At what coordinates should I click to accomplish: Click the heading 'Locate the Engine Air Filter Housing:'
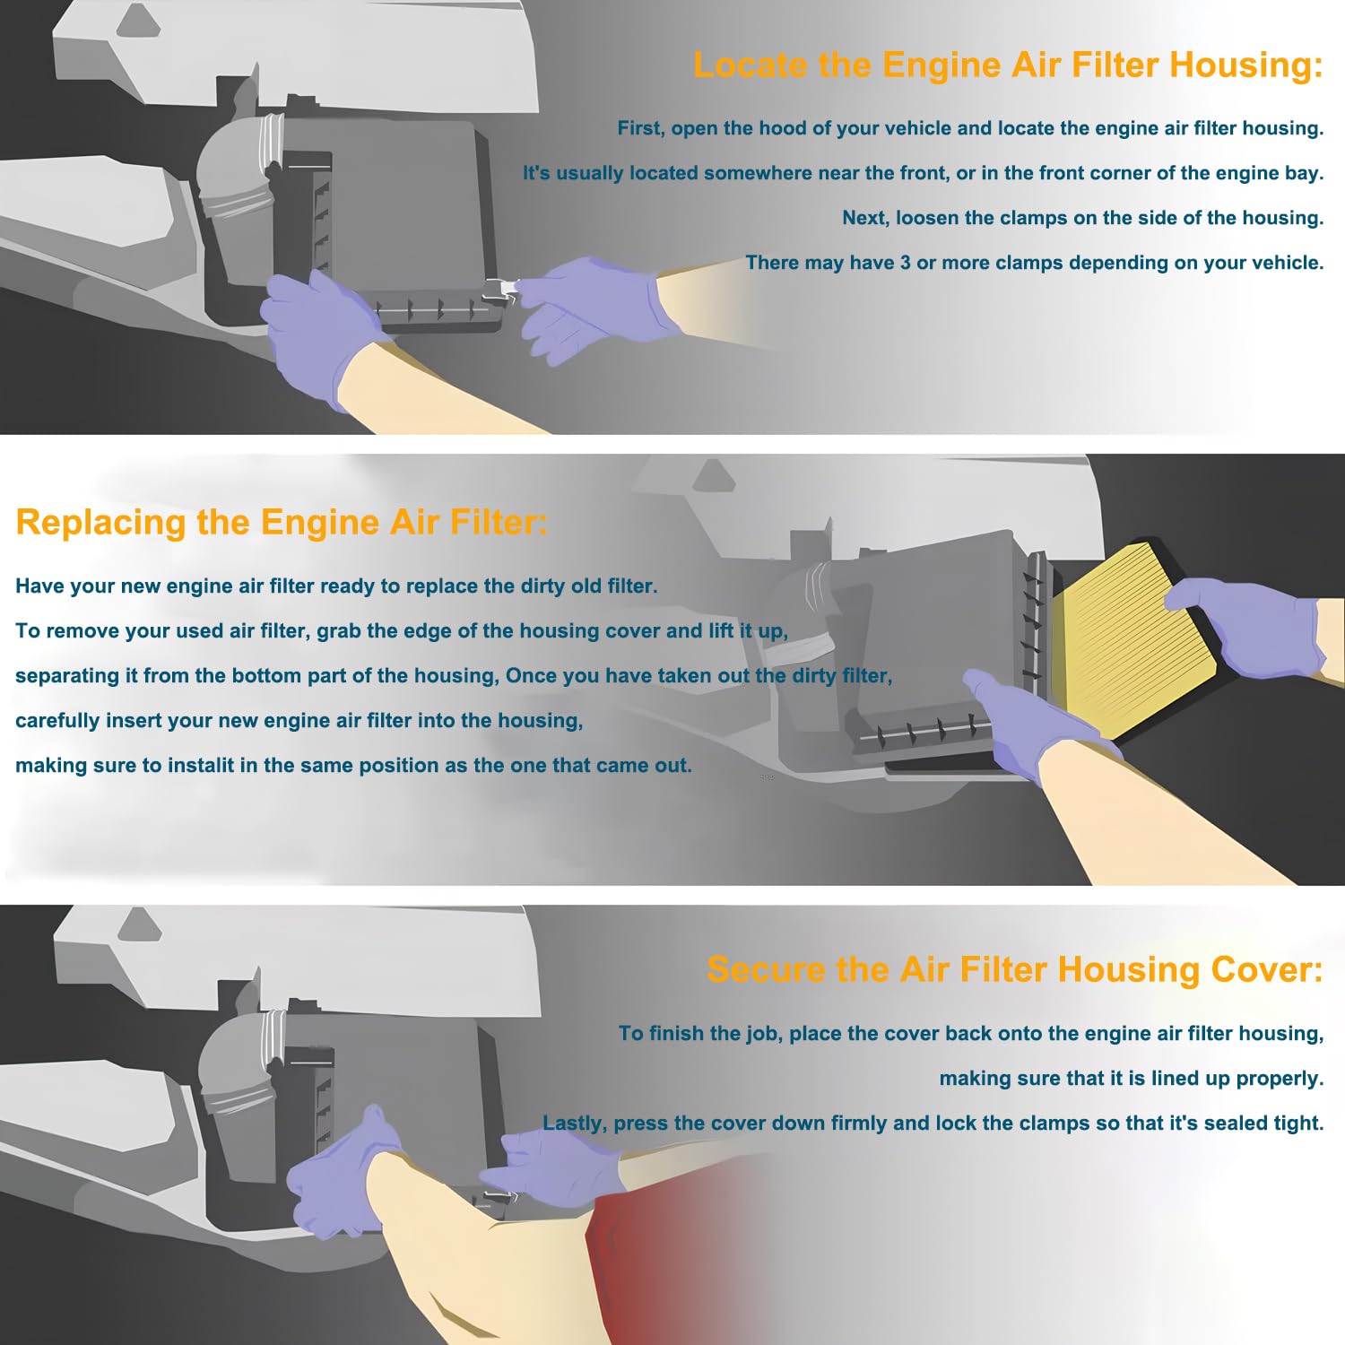tap(1008, 65)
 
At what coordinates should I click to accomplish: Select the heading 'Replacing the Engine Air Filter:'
tap(282, 522)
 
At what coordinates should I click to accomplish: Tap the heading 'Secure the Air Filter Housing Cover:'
tap(1015, 969)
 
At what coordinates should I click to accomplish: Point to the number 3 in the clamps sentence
tap(906, 263)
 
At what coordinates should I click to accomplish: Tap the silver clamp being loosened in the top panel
tap(500, 289)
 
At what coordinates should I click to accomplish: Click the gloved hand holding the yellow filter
tap(1246, 625)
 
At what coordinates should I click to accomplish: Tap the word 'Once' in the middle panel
tap(529, 675)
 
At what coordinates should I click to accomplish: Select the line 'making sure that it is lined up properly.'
tap(1132, 1079)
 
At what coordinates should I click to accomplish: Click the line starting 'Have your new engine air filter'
tap(336, 586)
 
